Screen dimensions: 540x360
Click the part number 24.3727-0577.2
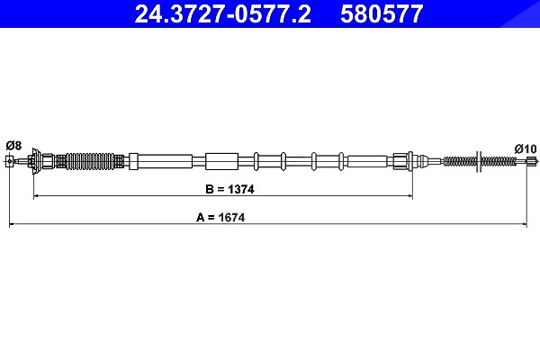[223, 14]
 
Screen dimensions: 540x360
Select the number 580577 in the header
[382, 14]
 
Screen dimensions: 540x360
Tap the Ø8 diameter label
[13, 146]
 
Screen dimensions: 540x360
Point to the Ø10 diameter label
[526, 148]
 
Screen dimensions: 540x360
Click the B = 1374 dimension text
[229, 189]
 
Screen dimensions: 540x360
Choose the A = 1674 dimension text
[220, 218]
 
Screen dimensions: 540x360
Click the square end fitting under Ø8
[10, 161]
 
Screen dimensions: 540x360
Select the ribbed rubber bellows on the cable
[90, 161]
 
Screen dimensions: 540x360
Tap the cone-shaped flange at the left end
[35, 161]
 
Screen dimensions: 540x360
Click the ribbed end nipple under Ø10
[533, 161]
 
